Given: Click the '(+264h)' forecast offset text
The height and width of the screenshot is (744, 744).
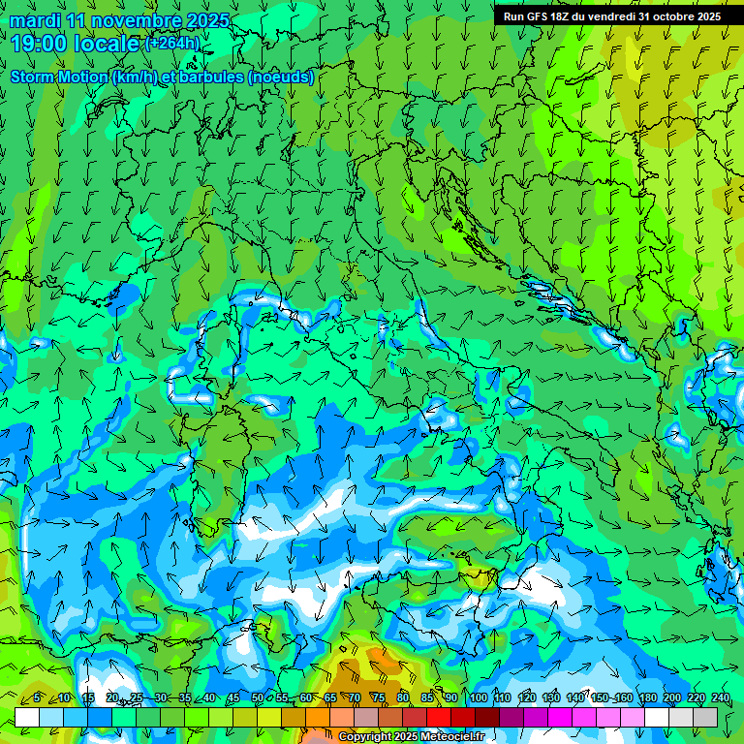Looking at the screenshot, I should click(173, 44).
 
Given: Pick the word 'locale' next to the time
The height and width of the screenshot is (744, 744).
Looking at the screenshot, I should click(107, 44).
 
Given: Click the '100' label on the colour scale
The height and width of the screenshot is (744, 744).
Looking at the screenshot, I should click(479, 697).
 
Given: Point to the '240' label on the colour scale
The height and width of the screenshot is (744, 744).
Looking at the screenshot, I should click(721, 697).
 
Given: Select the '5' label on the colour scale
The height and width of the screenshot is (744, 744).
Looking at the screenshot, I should click(37, 697).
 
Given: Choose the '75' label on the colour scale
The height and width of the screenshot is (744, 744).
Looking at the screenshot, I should click(378, 697).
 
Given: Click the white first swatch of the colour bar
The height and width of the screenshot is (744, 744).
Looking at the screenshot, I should click(27, 717).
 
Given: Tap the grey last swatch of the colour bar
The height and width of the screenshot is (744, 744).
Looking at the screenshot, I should click(705, 717).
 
